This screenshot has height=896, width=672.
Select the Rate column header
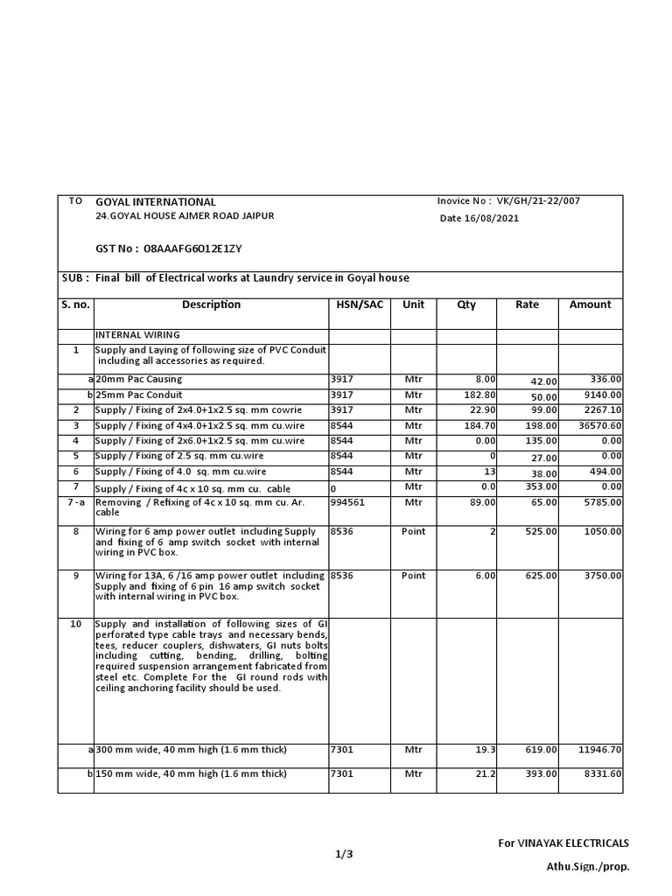pyautogui.click(x=527, y=305)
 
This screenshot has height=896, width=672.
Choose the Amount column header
pyautogui.click(x=590, y=305)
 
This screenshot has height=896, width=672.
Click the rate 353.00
pyautogui.click(x=542, y=487)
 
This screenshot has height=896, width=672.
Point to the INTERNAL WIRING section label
pyautogui.click(x=137, y=335)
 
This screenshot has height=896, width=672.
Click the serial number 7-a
pyautogui.click(x=75, y=503)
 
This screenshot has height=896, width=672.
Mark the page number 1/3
pyautogui.click(x=344, y=855)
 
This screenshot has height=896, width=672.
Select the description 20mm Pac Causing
pyautogui.click(x=140, y=379)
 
